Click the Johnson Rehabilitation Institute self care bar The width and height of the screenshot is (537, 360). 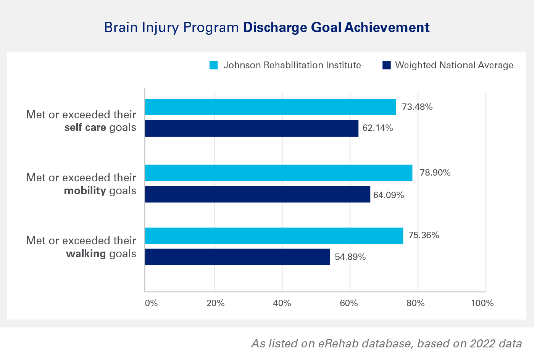(270, 107)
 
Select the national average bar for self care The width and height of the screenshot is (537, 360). (252, 128)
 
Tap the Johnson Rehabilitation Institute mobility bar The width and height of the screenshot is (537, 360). (279, 173)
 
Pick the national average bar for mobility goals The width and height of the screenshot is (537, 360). (258, 194)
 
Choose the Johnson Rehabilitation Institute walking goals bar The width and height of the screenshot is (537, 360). (274, 236)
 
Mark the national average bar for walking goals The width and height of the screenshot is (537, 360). (237, 257)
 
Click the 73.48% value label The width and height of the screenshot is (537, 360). (417, 107)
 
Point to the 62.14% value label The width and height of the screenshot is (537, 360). (377, 128)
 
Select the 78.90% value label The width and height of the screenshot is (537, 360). (435, 173)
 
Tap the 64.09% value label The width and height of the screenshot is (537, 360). (389, 195)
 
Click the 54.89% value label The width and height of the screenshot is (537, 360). (350, 257)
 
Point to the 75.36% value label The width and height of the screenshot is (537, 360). (424, 236)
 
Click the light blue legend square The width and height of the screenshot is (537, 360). (214, 65)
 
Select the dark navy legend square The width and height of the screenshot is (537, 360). (387, 65)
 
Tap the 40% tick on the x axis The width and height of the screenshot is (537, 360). (282, 303)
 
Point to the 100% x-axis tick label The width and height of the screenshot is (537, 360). (482, 303)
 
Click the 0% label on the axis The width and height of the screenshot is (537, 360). (152, 303)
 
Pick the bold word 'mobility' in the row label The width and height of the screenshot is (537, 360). (85, 191)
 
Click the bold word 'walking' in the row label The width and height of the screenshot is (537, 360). (86, 254)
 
